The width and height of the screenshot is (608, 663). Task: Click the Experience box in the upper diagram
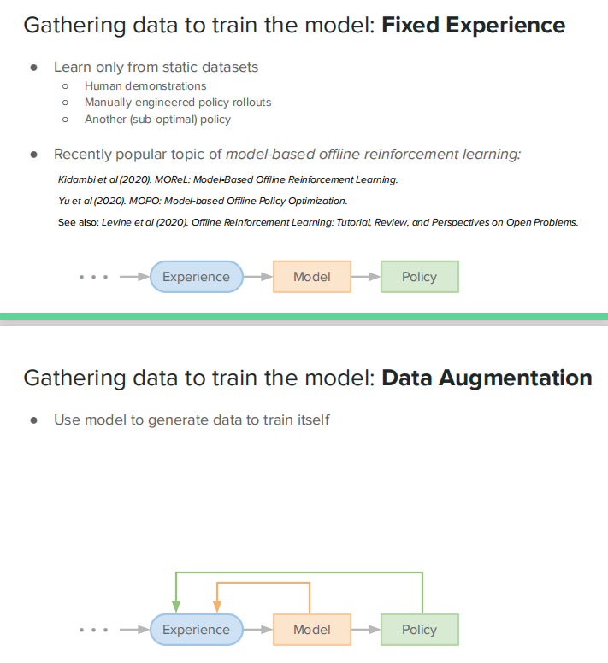[196, 277]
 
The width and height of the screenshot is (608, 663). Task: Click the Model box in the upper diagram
[312, 277]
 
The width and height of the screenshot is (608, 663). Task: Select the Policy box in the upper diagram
[419, 277]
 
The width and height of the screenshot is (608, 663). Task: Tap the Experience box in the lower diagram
[196, 630]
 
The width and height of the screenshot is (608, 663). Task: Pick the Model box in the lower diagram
[312, 630]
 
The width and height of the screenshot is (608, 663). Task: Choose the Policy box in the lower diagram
[419, 630]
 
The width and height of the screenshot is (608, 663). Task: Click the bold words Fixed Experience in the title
[473, 25]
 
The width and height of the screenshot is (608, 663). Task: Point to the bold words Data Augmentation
[487, 378]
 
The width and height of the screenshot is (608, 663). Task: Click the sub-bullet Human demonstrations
[145, 85]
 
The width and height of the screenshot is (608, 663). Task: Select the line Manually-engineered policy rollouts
[178, 103]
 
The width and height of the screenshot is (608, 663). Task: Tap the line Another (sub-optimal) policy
[157, 120]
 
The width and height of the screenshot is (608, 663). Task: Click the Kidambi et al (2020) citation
[227, 179]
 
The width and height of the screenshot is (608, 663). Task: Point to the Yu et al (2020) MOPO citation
[203, 201]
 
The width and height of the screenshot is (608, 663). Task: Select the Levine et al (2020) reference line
[317, 222]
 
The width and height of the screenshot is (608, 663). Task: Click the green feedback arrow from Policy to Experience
[299, 573]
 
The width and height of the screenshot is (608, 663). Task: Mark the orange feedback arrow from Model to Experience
[263, 584]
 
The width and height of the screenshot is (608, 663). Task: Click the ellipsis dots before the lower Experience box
[93, 631]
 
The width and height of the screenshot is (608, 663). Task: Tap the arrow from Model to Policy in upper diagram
[365, 277]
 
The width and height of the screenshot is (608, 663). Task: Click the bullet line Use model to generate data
[192, 420]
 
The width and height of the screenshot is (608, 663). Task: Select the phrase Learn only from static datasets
[156, 67]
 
